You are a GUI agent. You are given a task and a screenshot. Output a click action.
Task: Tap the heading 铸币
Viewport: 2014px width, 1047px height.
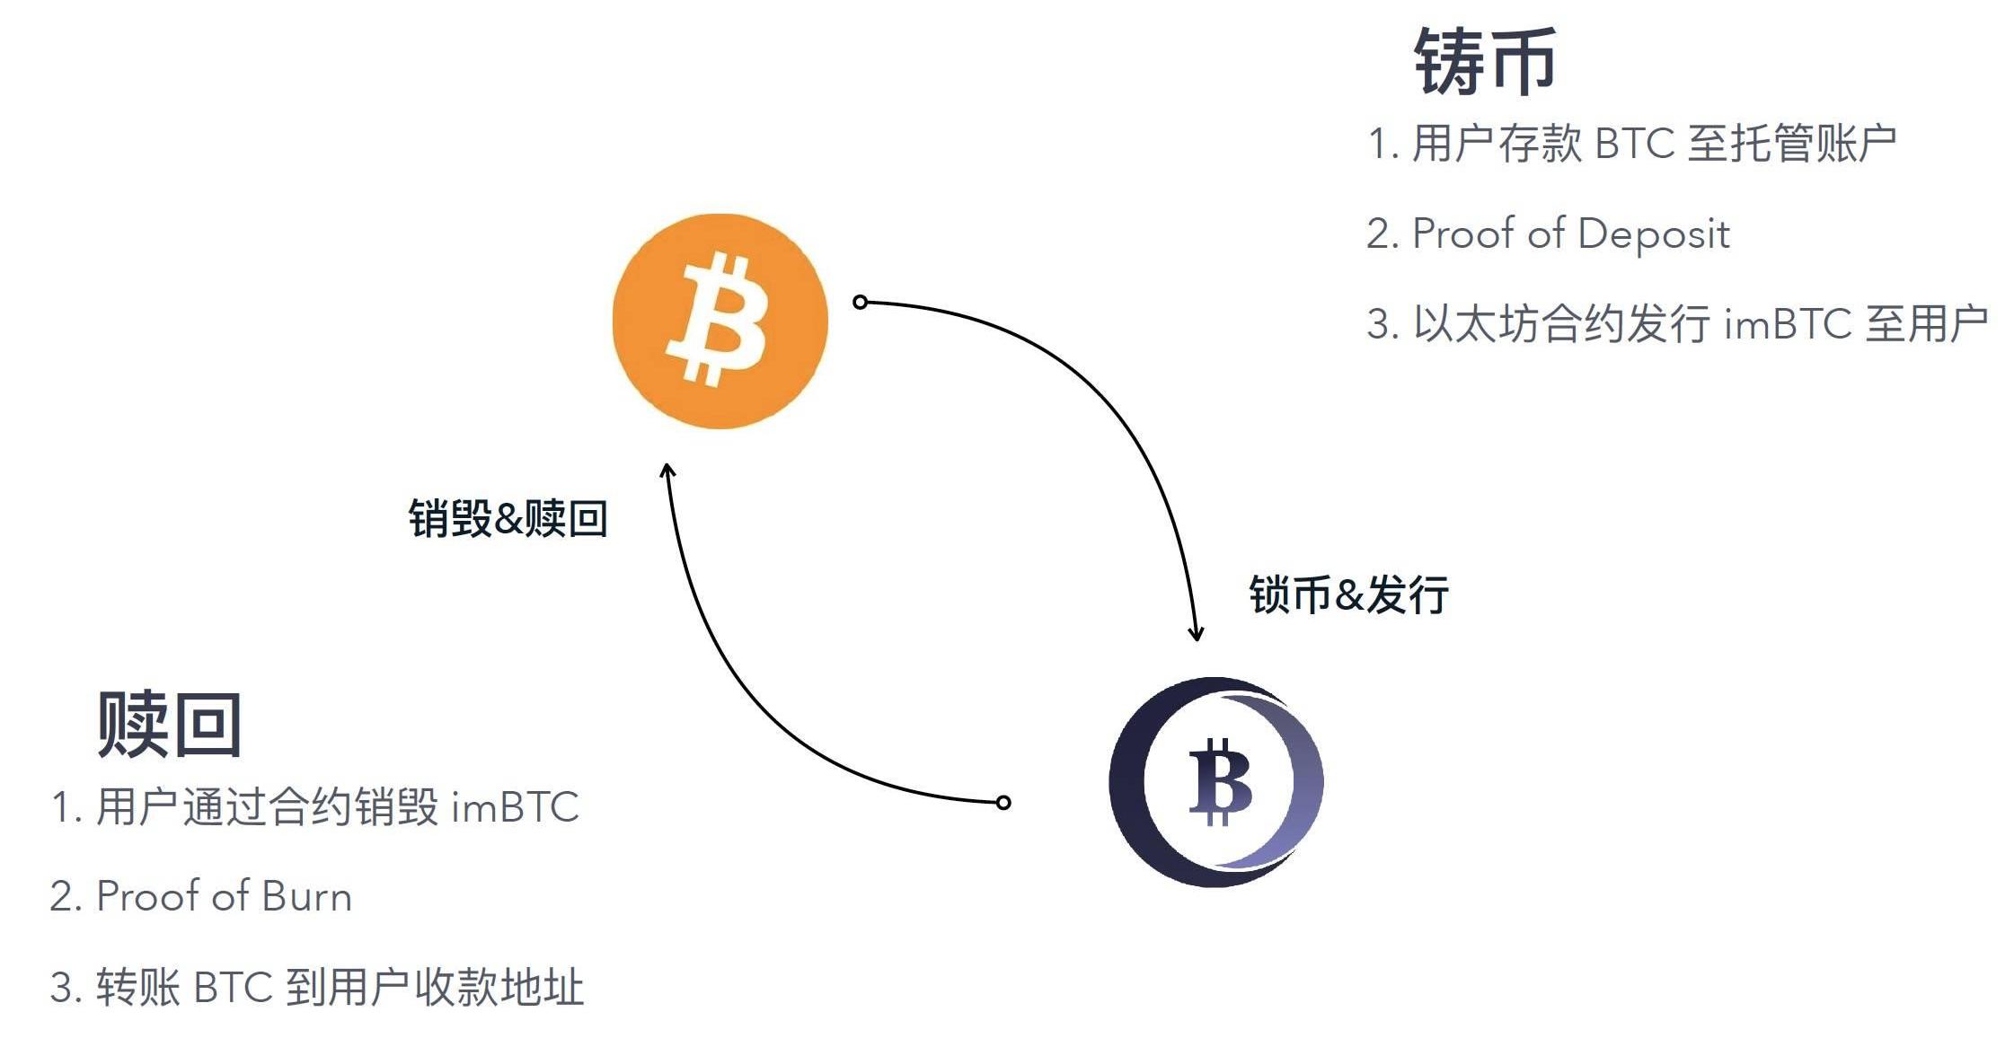(x=1485, y=61)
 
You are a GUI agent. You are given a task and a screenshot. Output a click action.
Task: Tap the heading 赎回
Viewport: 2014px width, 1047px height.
(x=169, y=724)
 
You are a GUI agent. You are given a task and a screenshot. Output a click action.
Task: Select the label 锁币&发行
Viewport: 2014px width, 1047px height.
(x=1348, y=594)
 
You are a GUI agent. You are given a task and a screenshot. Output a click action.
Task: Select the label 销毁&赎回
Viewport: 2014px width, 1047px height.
(x=508, y=519)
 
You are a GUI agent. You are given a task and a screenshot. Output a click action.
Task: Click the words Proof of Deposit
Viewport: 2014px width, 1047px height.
(x=1570, y=233)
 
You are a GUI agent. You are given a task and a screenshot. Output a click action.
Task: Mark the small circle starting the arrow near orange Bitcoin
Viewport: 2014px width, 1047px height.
(x=860, y=302)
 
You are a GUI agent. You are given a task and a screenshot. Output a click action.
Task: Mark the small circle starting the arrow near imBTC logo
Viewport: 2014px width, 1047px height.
(x=1003, y=802)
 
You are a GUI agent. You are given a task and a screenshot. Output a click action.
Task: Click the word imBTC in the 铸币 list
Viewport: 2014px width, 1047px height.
(x=1788, y=323)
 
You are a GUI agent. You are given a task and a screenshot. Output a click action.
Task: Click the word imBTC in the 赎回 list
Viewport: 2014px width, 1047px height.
(x=515, y=806)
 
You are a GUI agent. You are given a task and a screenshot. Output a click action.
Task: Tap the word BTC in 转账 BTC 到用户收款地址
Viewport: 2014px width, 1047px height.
(x=233, y=987)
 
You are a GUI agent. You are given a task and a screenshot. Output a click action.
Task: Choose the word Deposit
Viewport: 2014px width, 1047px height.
(x=1653, y=233)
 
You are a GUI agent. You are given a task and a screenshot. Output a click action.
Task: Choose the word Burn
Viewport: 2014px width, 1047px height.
(x=306, y=896)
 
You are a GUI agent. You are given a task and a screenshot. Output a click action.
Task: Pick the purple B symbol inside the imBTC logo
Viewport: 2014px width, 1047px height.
(x=1219, y=781)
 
